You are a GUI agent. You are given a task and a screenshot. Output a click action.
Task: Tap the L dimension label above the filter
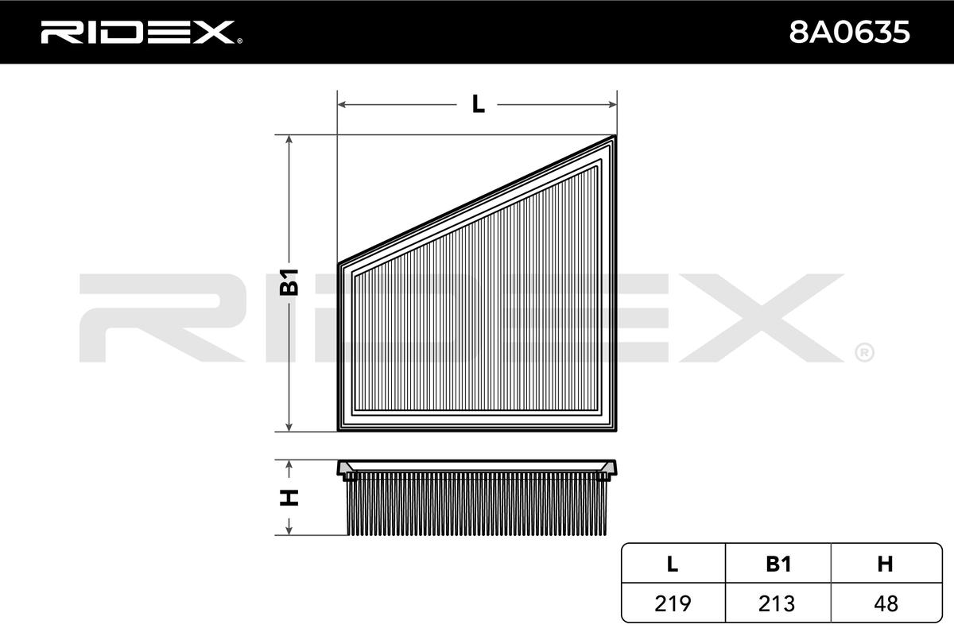tap(478, 103)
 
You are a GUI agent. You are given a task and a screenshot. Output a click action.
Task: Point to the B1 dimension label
tap(290, 282)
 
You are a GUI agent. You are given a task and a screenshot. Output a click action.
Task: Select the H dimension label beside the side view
tap(290, 498)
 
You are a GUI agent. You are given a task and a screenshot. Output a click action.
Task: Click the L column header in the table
tap(673, 564)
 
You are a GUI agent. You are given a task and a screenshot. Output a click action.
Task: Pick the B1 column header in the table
tap(778, 564)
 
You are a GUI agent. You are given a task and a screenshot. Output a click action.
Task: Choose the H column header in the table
tap(884, 564)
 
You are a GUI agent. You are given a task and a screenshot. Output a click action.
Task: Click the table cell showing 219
tap(673, 603)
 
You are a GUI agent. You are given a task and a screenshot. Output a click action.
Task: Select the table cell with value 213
tap(778, 603)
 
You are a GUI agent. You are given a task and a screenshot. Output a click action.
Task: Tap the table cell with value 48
tap(884, 603)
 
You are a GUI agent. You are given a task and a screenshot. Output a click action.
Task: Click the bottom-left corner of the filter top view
tap(340, 430)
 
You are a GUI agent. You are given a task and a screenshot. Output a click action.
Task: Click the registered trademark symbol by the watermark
tap(864, 351)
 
